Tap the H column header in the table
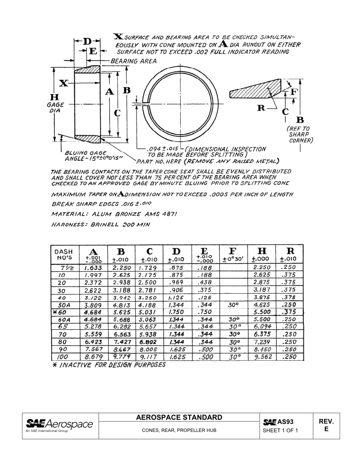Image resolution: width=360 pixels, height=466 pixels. click(x=261, y=251)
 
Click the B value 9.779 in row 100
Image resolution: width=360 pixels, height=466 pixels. click(x=121, y=357)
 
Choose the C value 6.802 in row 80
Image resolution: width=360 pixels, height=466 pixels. click(x=148, y=342)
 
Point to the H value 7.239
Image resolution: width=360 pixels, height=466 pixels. click(x=262, y=342)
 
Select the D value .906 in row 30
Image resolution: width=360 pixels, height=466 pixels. click(x=175, y=290)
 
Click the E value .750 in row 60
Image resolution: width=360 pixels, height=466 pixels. click(x=205, y=312)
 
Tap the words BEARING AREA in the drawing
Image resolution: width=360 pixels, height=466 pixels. click(x=133, y=61)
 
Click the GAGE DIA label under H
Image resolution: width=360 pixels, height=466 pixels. click(x=55, y=108)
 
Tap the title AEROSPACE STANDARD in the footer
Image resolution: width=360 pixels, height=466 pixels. click(x=179, y=418)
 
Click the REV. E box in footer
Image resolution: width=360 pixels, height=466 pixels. click(x=326, y=425)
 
